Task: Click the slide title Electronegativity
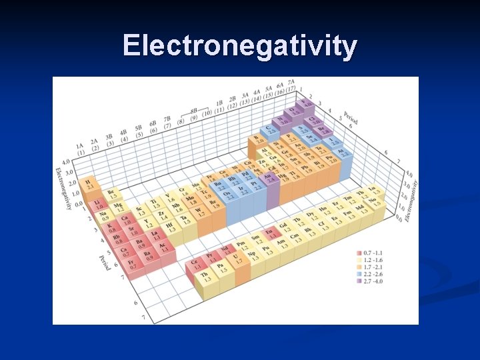[x=240, y=45]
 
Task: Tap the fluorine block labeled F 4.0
[x=305, y=103]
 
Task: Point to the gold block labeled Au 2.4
[x=271, y=178]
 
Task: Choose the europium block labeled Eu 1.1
[x=269, y=233]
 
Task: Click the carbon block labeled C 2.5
[x=269, y=129]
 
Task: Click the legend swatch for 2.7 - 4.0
[x=359, y=281]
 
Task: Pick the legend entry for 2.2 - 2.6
[x=370, y=275]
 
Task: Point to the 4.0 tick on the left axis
[x=65, y=162]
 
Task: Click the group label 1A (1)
[x=80, y=148]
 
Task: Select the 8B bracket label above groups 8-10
[x=195, y=111]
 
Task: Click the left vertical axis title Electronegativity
[x=64, y=189]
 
